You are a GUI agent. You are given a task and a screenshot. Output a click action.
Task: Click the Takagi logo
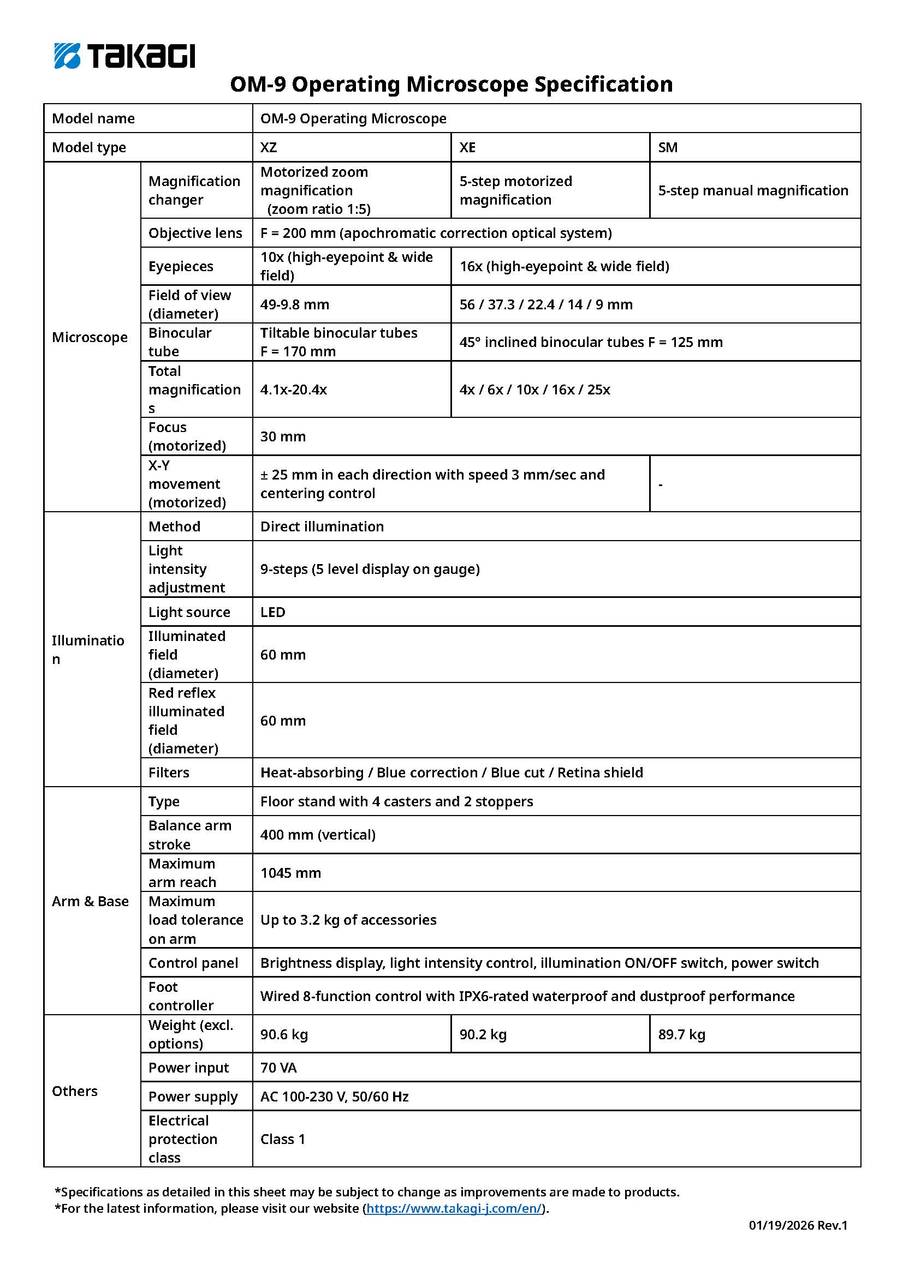coord(124,56)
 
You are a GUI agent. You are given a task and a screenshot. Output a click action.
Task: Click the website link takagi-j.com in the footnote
coord(453,1208)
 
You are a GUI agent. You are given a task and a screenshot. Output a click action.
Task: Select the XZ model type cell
coord(269,147)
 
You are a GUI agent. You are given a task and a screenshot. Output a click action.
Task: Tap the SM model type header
coord(668,147)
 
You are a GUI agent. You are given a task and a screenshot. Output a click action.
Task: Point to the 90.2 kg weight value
coord(483,1034)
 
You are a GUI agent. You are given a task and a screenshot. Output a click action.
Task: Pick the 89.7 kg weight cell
coord(682,1034)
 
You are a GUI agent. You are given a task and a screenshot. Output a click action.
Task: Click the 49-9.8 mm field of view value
coord(295,304)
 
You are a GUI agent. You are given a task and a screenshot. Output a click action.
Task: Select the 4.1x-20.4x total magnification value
coord(294,390)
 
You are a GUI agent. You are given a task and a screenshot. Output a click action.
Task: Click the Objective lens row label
coord(195,233)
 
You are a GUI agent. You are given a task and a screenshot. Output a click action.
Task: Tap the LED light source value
coord(273,612)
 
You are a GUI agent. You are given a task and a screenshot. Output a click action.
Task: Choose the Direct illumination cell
coord(322,526)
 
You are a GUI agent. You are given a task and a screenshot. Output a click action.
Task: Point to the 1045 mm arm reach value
coord(291,872)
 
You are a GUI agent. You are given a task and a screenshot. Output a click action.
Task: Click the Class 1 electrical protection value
coord(283,1139)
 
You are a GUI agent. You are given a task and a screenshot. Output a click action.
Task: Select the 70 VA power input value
coord(278,1068)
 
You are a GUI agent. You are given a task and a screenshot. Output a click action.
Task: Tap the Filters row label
coord(169,772)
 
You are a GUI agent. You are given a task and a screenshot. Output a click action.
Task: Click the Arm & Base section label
coord(90,901)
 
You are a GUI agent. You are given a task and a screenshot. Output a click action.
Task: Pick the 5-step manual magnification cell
coord(753,190)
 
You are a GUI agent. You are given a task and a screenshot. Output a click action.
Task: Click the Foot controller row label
coord(181,996)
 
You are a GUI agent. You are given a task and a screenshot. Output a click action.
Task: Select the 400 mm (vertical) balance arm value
coord(318,835)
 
